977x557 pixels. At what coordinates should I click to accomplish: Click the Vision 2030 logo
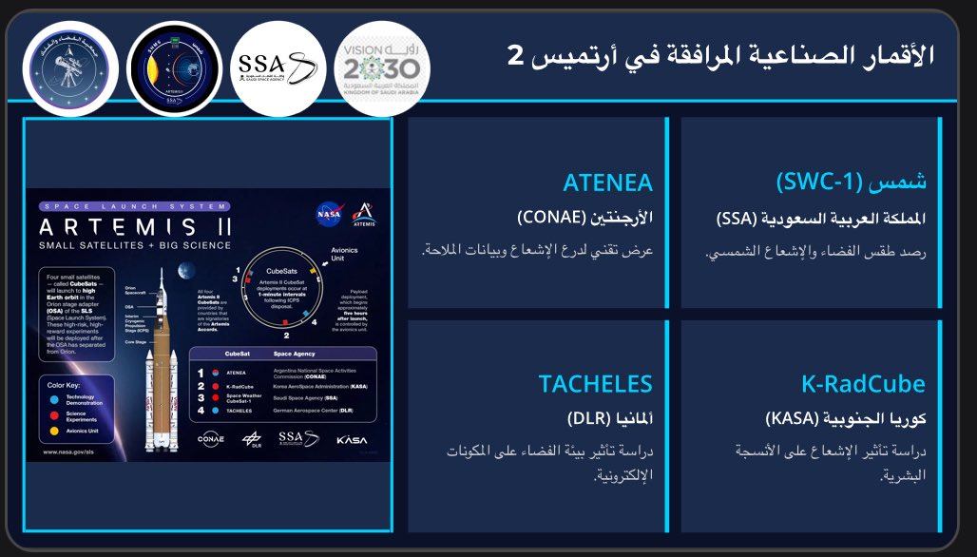(x=383, y=67)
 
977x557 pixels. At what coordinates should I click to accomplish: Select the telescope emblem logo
(x=69, y=67)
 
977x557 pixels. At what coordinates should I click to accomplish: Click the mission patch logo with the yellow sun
(x=174, y=67)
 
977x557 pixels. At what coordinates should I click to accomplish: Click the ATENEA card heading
(x=608, y=182)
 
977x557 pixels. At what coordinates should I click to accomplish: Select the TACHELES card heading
(x=596, y=384)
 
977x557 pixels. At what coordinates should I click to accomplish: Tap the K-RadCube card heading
(x=864, y=384)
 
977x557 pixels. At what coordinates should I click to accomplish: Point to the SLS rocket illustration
(x=162, y=361)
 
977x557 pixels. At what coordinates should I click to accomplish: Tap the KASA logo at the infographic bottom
(x=351, y=440)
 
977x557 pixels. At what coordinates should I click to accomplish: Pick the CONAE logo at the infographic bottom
(x=211, y=439)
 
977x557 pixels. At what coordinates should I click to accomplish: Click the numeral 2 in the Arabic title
(x=515, y=55)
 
